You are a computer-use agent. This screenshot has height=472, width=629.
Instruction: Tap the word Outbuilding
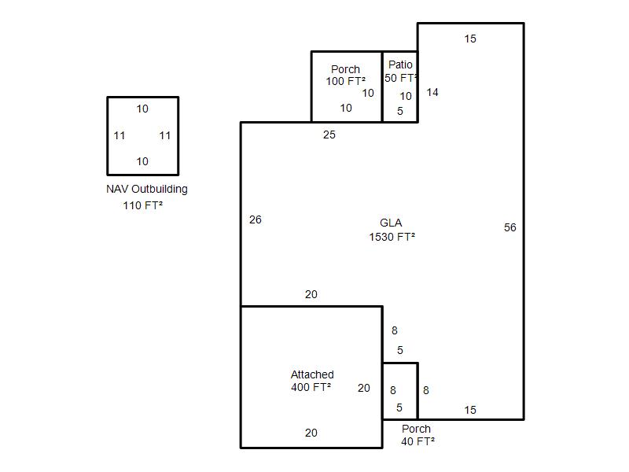[x=160, y=190]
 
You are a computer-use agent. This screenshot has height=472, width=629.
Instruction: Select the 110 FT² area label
[x=143, y=205]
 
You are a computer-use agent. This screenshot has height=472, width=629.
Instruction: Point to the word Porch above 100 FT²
[x=345, y=69]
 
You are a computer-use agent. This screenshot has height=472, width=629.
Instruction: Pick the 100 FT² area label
[x=345, y=81]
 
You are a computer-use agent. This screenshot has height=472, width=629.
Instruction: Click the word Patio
[x=400, y=65]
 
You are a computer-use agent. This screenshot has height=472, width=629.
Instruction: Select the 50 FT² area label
[x=401, y=78]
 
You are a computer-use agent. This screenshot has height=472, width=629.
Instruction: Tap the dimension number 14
[x=432, y=92]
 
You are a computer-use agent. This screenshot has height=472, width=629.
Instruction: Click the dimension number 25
[x=329, y=135]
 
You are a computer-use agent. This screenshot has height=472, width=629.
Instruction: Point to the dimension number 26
[x=255, y=219]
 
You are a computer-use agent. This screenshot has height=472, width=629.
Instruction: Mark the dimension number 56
[x=509, y=227]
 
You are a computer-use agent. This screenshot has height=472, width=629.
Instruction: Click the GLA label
[x=391, y=223]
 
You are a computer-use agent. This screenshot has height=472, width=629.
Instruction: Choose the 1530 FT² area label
[x=392, y=237]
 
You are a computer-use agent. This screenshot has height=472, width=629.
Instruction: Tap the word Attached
[x=312, y=374]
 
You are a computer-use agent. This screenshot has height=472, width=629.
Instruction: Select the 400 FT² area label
[x=311, y=387]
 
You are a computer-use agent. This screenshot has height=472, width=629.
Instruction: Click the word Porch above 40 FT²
[x=416, y=429]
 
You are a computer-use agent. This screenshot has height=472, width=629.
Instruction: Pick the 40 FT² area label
[x=417, y=441]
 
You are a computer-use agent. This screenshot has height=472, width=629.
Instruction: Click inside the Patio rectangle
[x=400, y=87]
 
